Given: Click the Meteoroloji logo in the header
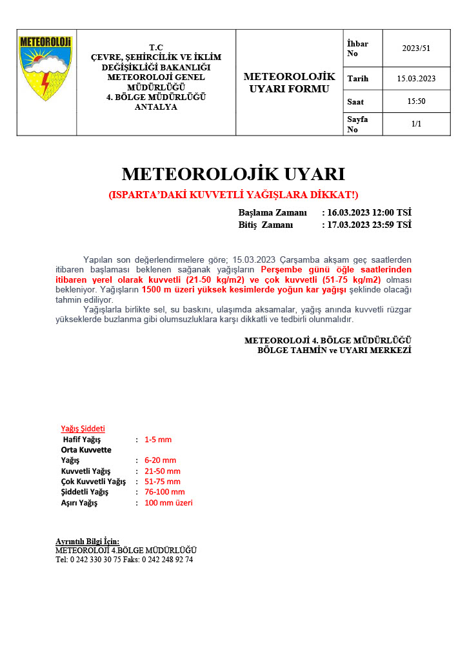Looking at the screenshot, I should tap(46, 68).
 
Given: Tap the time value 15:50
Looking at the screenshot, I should tap(416, 101).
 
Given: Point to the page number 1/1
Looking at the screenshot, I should tap(416, 124).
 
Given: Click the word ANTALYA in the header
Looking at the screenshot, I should tap(155, 107).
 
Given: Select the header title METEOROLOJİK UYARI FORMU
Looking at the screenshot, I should tap(289, 83).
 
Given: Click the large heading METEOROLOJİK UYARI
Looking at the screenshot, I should tap(234, 174).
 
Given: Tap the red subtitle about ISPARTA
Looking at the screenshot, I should tap(234, 194).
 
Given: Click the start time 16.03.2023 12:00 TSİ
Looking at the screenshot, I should tap(369, 212).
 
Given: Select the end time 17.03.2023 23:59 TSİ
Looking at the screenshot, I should tap(369, 225).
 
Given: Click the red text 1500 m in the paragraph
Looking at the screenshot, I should tap(156, 290).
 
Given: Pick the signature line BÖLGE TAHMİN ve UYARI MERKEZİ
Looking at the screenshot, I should tap(334, 350).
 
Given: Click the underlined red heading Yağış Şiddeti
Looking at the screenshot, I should tap(83, 429).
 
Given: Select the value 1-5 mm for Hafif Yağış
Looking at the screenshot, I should tap(158, 440).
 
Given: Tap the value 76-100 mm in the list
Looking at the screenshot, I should tap(164, 492).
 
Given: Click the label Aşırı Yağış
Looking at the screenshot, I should tap(79, 503).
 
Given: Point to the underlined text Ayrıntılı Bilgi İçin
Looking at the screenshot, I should tap(88, 541).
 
